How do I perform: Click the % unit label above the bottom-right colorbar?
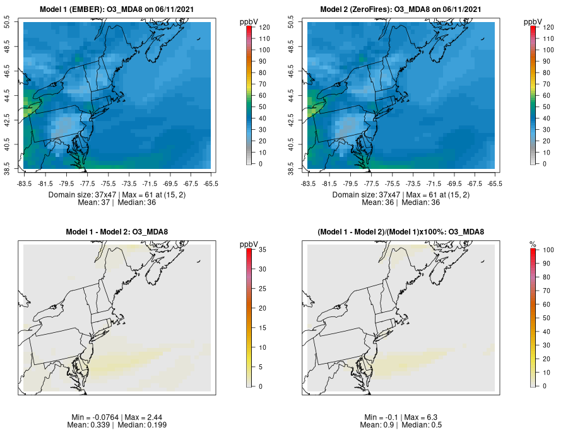pos(533,244)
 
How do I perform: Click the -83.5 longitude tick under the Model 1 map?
pos(24,183)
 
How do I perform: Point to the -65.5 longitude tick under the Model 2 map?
pos(495,183)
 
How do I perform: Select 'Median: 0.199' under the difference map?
pos(142,425)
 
